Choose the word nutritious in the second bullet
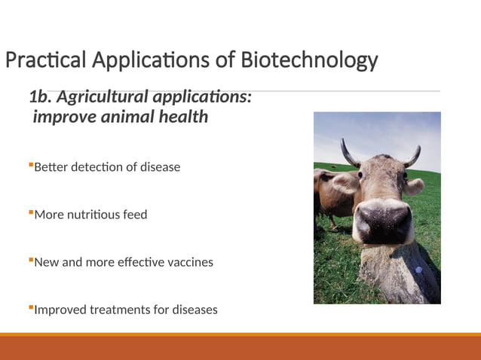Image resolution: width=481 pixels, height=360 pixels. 97,215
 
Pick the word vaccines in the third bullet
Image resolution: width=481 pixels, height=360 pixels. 188,262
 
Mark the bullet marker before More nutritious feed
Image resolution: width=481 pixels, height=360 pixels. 31,212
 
